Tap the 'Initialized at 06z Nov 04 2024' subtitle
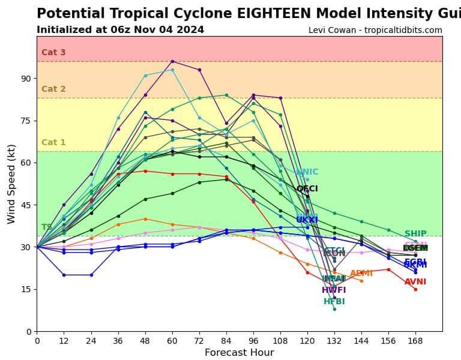(120, 30)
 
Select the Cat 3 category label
(53, 53)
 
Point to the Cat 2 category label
(53, 89)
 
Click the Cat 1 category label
(53, 143)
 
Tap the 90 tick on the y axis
(26, 79)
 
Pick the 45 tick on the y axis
(26, 205)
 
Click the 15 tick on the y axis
(26, 289)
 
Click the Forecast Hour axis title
(239, 353)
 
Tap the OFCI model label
(307, 189)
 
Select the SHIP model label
(415, 234)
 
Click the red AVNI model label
(415, 282)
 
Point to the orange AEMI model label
(361, 274)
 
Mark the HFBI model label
(334, 302)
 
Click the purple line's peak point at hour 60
(172, 61)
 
